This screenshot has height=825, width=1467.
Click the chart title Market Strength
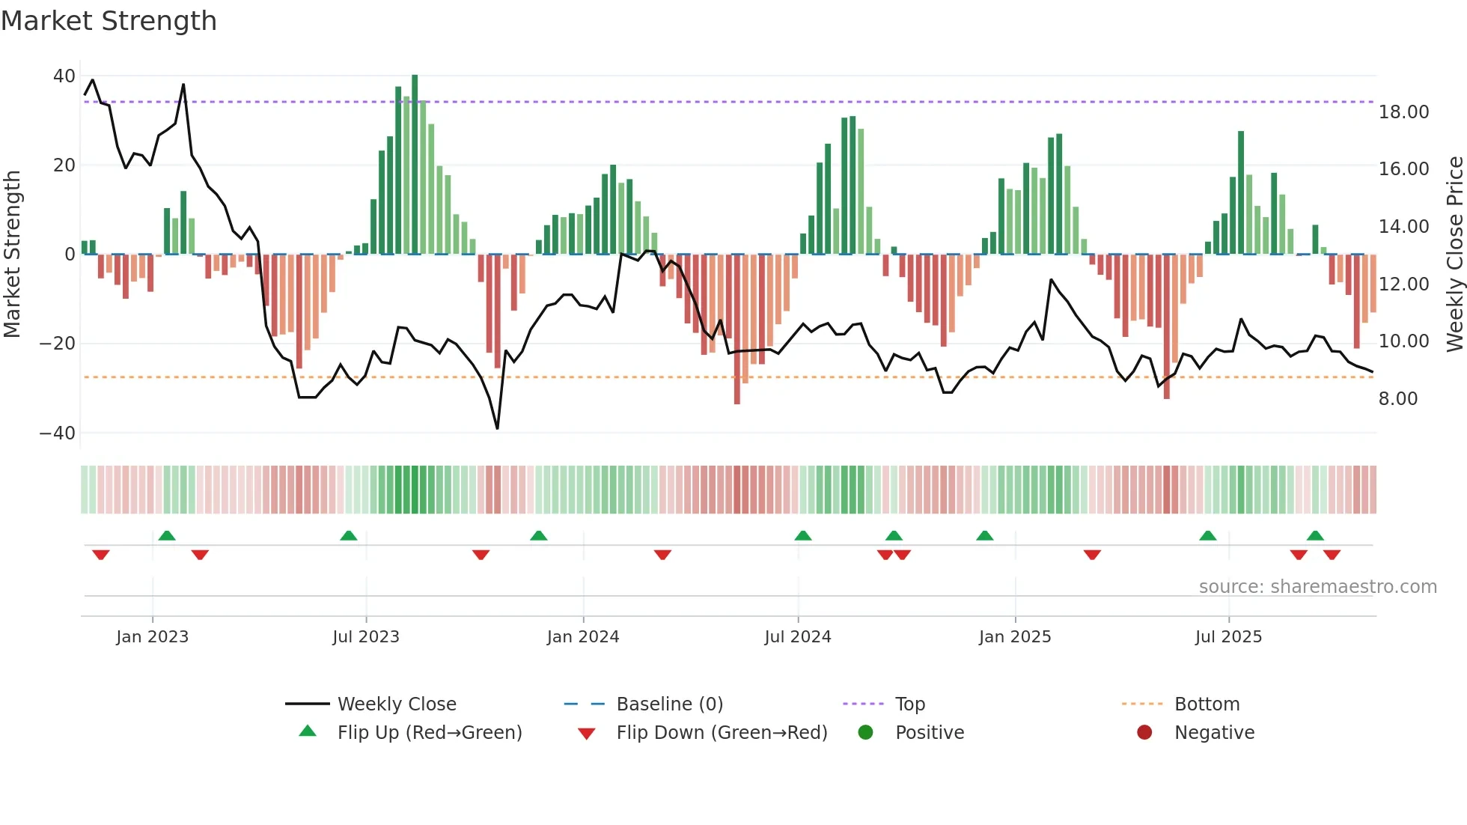(x=109, y=21)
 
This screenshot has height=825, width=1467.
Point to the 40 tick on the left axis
(x=64, y=76)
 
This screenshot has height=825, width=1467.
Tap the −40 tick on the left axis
(x=58, y=433)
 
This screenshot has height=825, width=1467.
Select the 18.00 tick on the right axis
(x=1403, y=112)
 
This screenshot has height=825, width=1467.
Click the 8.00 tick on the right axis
(x=1397, y=398)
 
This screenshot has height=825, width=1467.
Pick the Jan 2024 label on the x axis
(x=583, y=637)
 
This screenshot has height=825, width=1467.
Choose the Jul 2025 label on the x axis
(x=1228, y=637)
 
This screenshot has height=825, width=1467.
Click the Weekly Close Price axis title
(x=1454, y=254)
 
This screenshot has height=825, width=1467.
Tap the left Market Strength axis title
(x=13, y=254)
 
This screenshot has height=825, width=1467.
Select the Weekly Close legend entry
(x=396, y=704)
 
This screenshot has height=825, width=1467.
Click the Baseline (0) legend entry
(x=669, y=704)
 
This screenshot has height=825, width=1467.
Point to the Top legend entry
(x=909, y=704)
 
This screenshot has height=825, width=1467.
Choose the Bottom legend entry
(x=1207, y=704)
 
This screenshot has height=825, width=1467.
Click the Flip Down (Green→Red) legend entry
(x=722, y=733)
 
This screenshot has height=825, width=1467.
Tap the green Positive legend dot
(x=866, y=733)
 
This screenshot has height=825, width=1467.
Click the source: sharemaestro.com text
(x=1317, y=587)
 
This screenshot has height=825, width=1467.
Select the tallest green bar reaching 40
(x=415, y=165)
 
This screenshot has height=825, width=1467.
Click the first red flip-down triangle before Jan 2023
(x=101, y=555)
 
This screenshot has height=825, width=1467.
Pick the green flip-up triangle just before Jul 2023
(x=349, y=535)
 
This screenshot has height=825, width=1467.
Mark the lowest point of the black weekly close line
(x=497, y=428)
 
